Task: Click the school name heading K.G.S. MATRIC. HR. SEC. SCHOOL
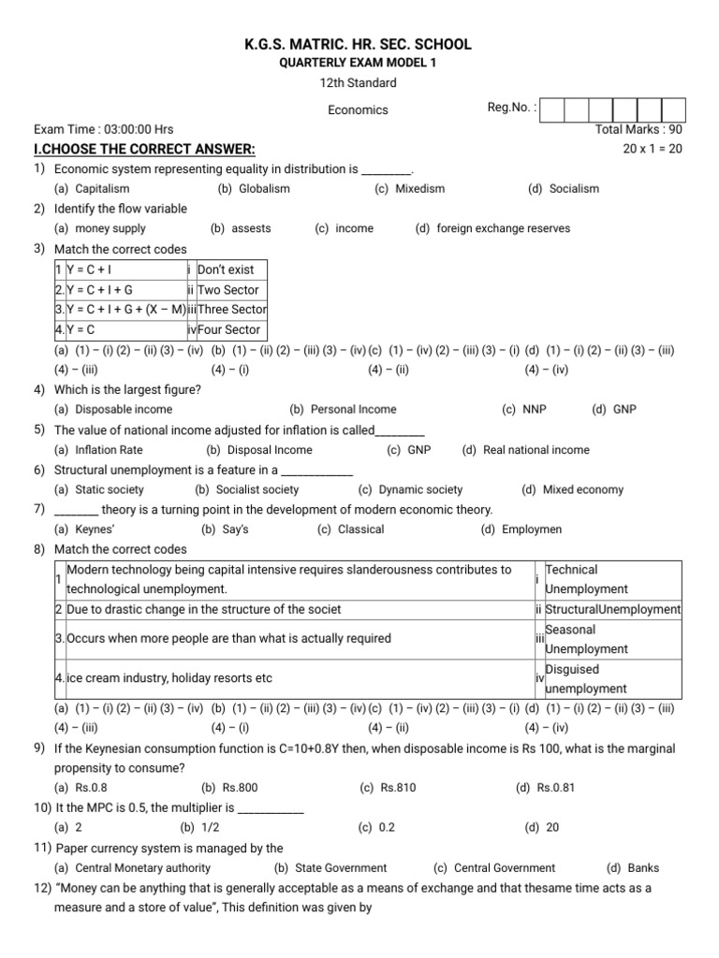[x=359, y=45]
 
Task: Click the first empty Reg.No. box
[x=551, y=109]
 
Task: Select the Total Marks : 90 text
[x=638, y=130]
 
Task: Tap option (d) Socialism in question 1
[x=563, y=189]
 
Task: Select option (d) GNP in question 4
[x=613, y=410]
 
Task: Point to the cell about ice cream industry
[x=169, y=678]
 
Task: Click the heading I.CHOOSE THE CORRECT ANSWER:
[x=143, y=150]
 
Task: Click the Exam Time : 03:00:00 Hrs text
[x=103, y=130]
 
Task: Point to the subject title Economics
[x=358, y=110]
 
